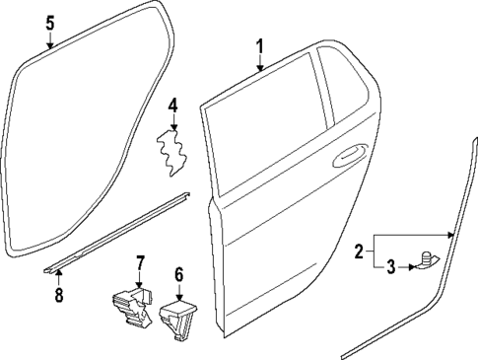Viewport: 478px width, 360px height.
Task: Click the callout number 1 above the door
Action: coord(260,45)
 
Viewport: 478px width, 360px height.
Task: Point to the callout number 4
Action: coord(172,105)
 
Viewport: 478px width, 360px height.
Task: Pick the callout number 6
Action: coord(178,274)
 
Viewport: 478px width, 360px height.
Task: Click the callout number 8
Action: coord(58,294)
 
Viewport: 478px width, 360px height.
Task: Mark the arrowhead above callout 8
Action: coord(58,272)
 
